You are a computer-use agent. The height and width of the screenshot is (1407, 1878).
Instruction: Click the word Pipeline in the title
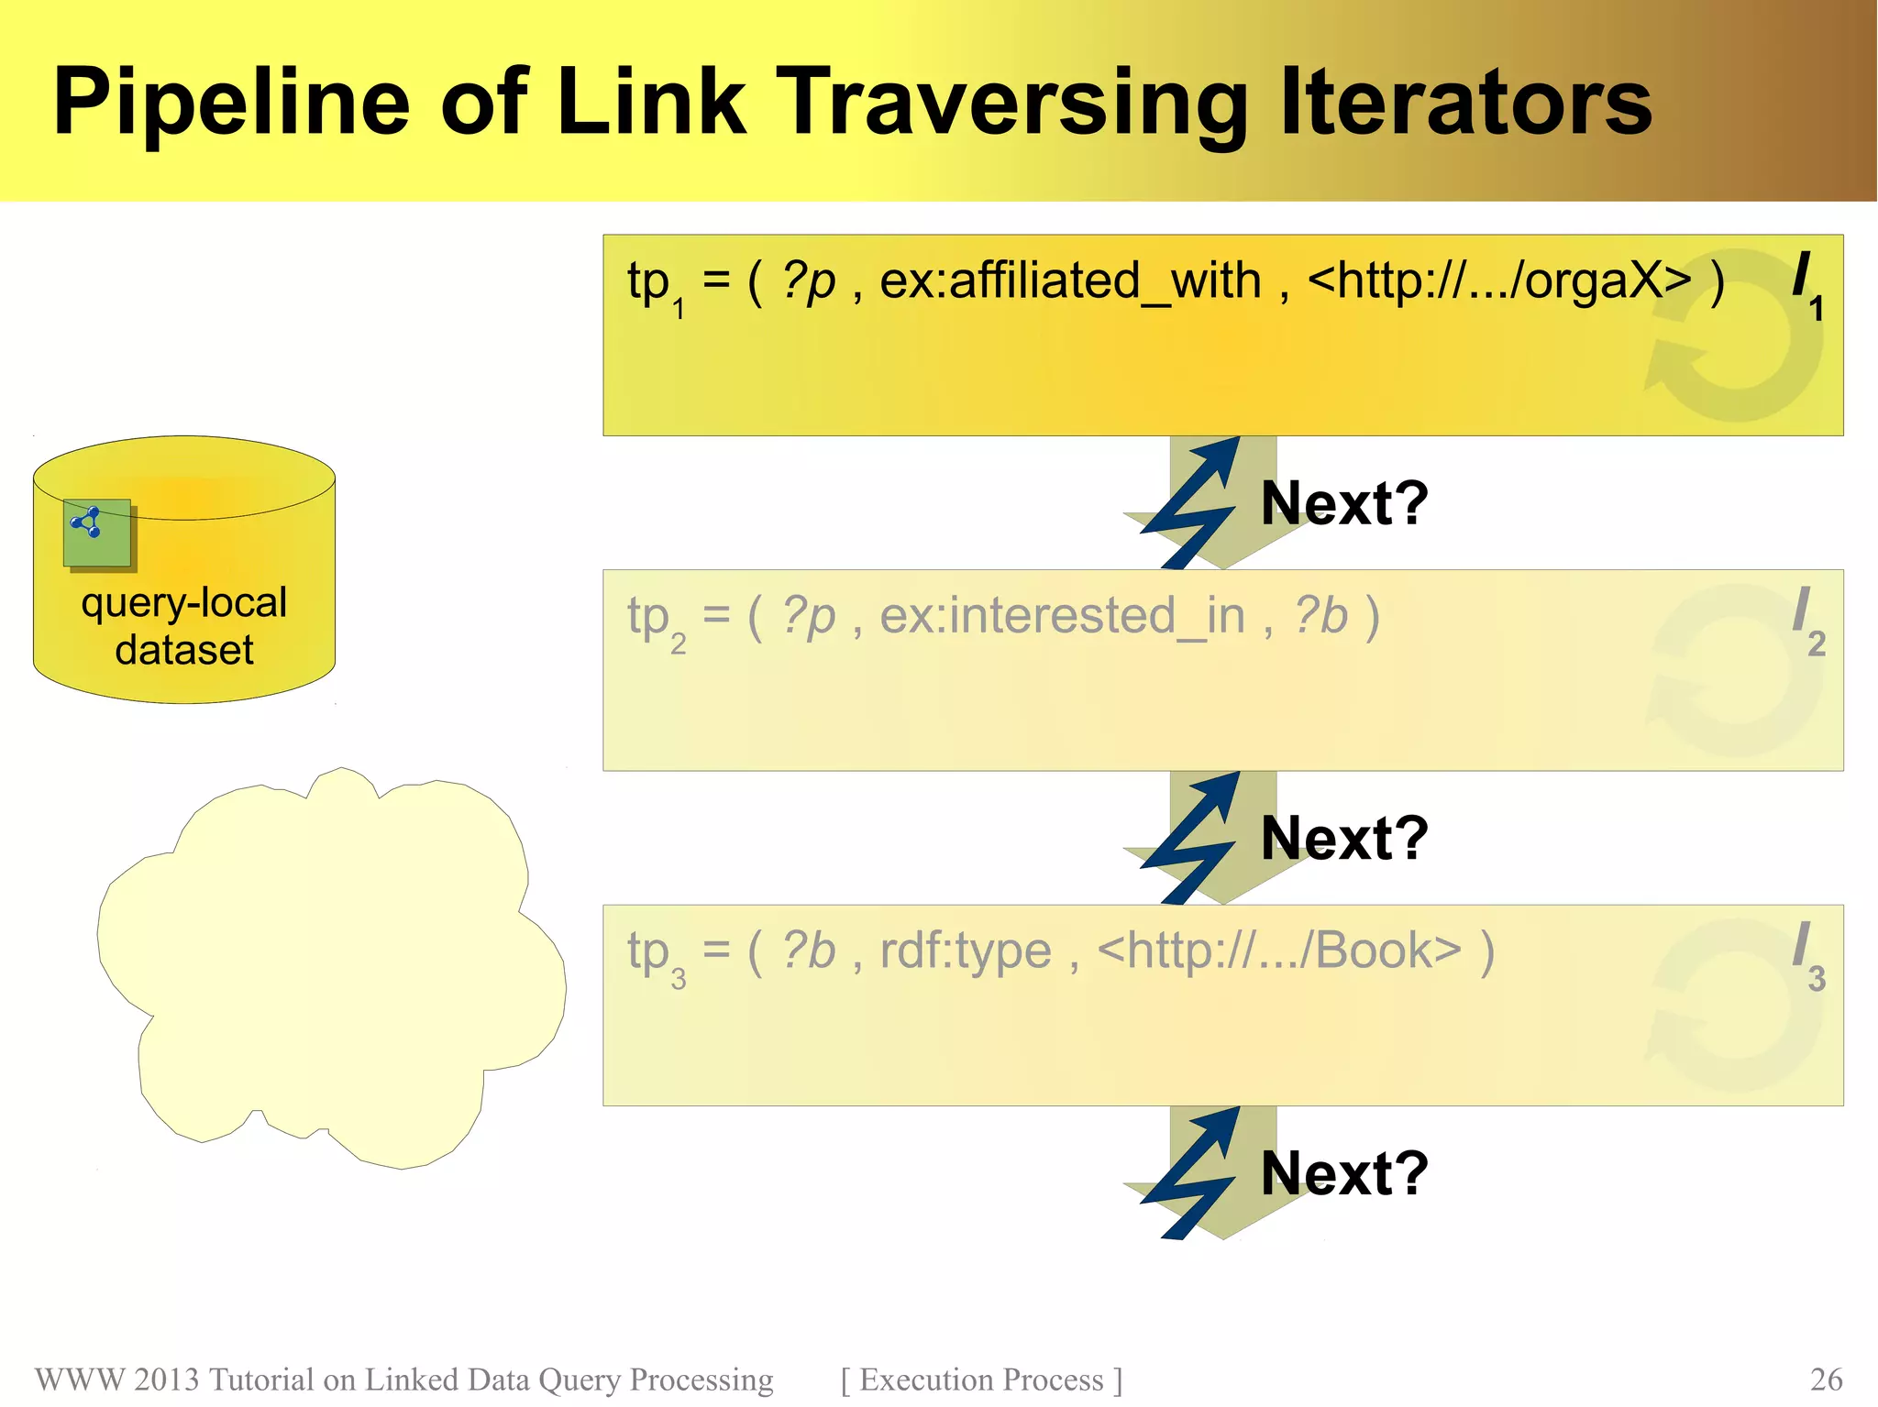pos(230,103)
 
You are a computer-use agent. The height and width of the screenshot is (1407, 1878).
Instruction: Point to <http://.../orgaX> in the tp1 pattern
pos(1498,280)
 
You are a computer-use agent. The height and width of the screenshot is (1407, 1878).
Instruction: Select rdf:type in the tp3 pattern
pos(965,951)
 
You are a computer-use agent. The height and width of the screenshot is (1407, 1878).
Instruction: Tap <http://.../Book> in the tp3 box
pos(1279,951)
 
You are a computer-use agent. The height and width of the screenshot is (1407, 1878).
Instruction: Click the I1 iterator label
pos(1807,284)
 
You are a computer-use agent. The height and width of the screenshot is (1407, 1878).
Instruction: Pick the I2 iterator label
pos(1807,620)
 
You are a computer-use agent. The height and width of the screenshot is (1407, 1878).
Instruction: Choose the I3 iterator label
pos(1807,954)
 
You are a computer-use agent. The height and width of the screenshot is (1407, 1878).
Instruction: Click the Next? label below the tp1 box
pos(1344,503)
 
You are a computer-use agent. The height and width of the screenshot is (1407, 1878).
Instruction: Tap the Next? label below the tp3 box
pos(1344,1173)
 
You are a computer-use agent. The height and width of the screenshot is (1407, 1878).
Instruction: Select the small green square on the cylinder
pos(97,533)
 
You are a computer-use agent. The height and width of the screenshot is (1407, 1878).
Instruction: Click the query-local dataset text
pos(184,626)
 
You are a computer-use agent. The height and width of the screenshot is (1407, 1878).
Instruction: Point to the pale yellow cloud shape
pos(330,972)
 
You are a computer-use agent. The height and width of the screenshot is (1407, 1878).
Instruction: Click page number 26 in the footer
pos(1826,1380)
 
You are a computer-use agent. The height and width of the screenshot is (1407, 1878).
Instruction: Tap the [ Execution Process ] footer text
pos(981,1380)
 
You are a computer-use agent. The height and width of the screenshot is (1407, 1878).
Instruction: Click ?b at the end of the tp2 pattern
pos(1320,616)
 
